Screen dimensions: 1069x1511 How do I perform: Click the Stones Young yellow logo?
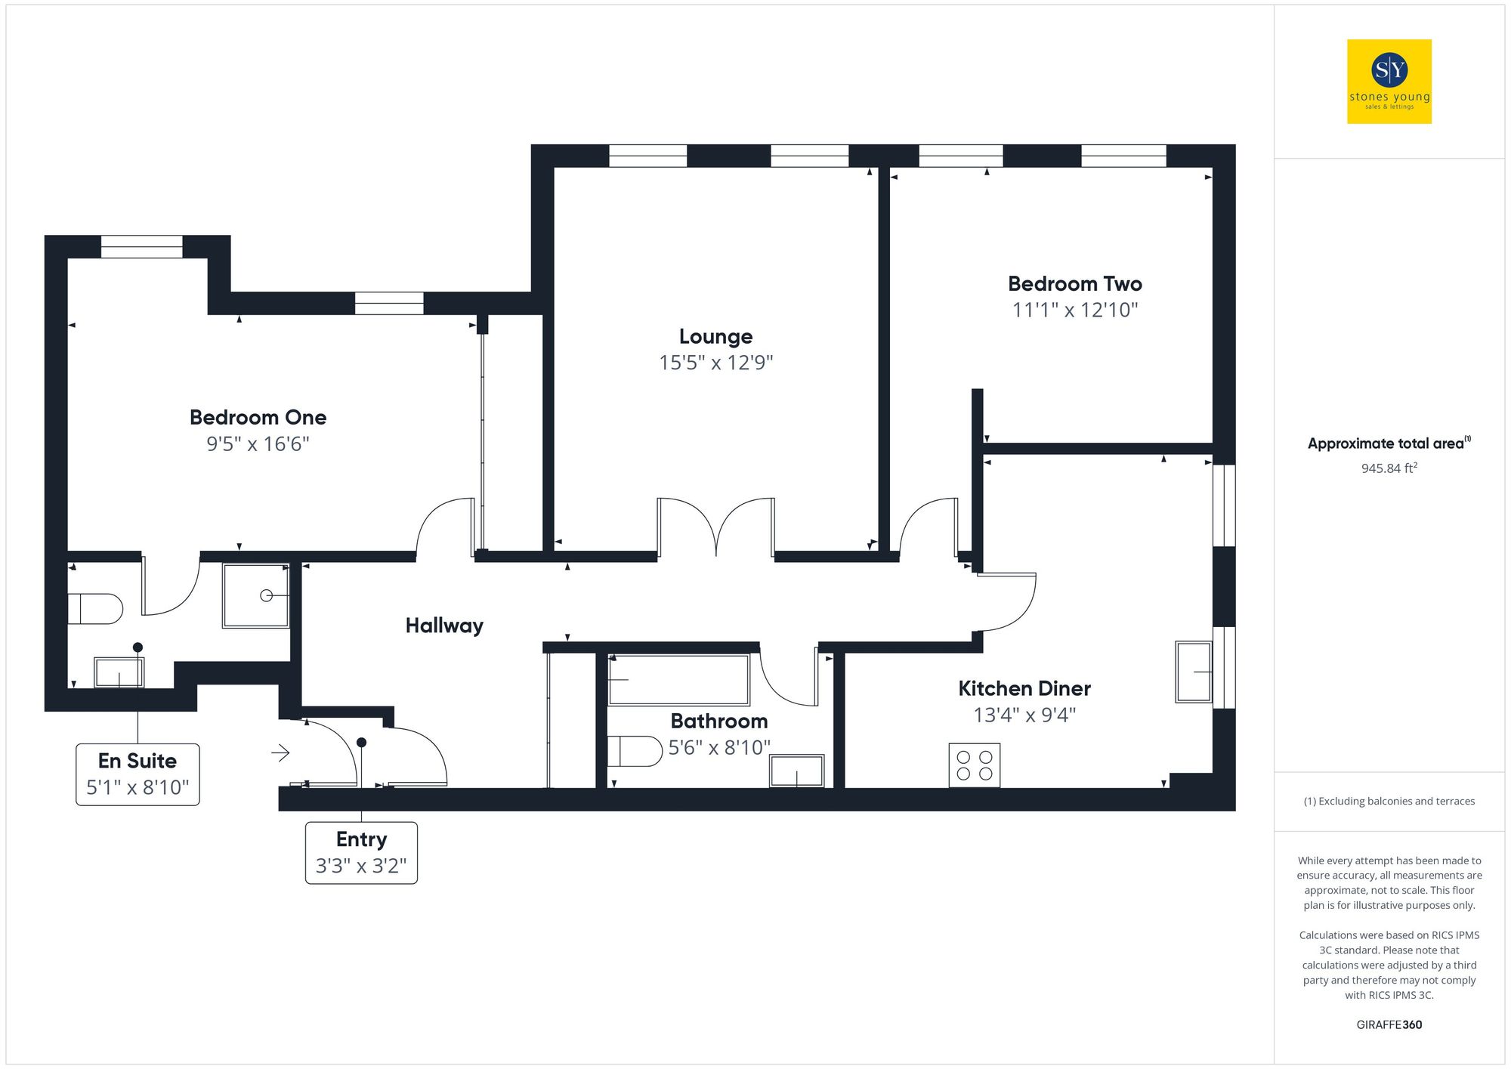pyautogui.click(x=1389, y=82)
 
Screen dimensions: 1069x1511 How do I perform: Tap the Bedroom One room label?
pyautogui.click(x=258, y=417)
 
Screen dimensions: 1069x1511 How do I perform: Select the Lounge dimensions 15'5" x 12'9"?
pyautogui.click(x=715, y=363)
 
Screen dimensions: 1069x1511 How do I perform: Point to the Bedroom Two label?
pyautogui.click(x=1074, y=284)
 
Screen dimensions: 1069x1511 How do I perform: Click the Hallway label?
pyautogui.click(x=444, y=626)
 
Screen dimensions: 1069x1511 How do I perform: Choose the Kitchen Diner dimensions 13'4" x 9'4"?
pyautogui.click(x=1024, y=715)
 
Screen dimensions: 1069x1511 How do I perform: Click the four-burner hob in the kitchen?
pyautogui.click(x=974, y=765)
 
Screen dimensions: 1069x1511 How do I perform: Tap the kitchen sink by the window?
pyautogui.click(x=1194, y=672)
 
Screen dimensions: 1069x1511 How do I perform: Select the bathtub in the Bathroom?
pyautogui.click(x=678, y=680)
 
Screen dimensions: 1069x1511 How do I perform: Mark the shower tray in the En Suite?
pyautogui.click(x=255, y=595)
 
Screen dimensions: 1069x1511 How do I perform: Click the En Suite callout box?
pyautogui.click(x=138, y=774)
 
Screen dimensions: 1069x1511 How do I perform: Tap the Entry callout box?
pyautogui.click(x=361, y=852)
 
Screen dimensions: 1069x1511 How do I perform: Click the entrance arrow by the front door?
pyautogui.click(x=280, y=752)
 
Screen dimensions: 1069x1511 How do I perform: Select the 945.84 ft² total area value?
pyautogui.click(x=1389, y=468)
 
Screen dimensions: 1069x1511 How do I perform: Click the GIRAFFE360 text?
pyautogui.click(x=1389, y=1024)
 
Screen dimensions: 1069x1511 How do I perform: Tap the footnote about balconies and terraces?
pyautogui.click(x=1389, y=801)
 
